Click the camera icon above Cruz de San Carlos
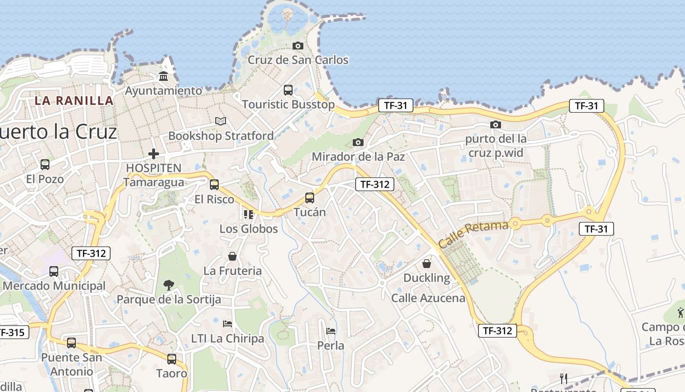297,46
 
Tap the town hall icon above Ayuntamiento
163,76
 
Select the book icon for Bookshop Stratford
221,121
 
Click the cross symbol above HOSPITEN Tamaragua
154,154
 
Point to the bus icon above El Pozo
45,165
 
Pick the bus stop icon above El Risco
214,185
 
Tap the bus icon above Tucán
309,198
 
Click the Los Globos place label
249,229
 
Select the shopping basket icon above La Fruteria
232,256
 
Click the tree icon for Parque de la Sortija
168,285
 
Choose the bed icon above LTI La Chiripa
227,324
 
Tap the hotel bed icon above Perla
331,331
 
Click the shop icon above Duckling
427,264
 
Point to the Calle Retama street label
473,234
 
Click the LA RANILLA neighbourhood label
74,101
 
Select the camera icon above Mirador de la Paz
358,143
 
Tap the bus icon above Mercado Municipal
54,271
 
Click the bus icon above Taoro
171,359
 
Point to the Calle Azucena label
428,298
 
